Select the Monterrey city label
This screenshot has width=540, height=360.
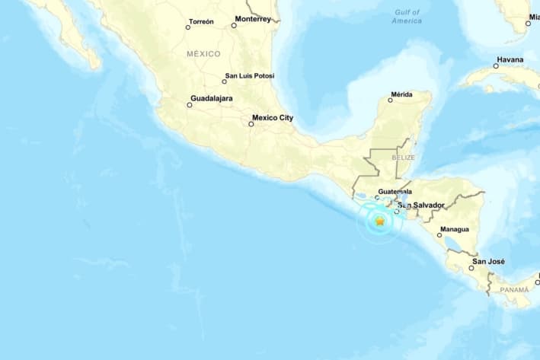(253, 18)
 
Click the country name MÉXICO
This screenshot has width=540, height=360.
(203, 54)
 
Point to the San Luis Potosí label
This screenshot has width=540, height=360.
(250, 76)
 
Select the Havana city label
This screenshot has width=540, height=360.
(510, 59)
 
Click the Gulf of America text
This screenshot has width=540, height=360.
(407, 17)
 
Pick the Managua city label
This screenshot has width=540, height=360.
(454, 229)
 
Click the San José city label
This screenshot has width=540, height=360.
(488, 262)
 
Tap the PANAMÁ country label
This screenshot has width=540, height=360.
(513, 290)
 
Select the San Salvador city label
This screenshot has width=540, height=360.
(423, 205)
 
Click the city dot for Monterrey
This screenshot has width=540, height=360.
(234, 25)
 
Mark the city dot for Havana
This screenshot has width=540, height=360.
(496, 66)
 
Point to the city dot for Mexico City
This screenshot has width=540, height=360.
(251, 124)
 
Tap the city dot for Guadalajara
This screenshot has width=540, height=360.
(190, 105)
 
